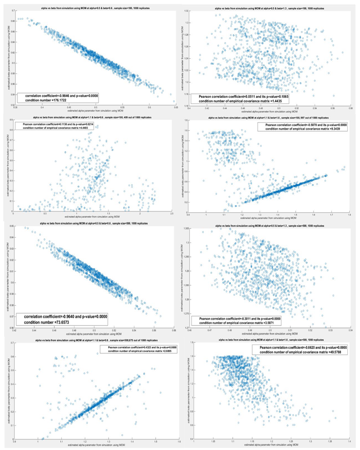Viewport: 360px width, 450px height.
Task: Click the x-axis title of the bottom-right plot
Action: pyautogui.click(x=271, y=446)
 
